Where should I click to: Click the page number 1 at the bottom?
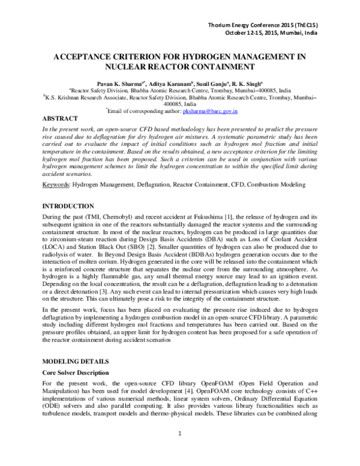[180, 450]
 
